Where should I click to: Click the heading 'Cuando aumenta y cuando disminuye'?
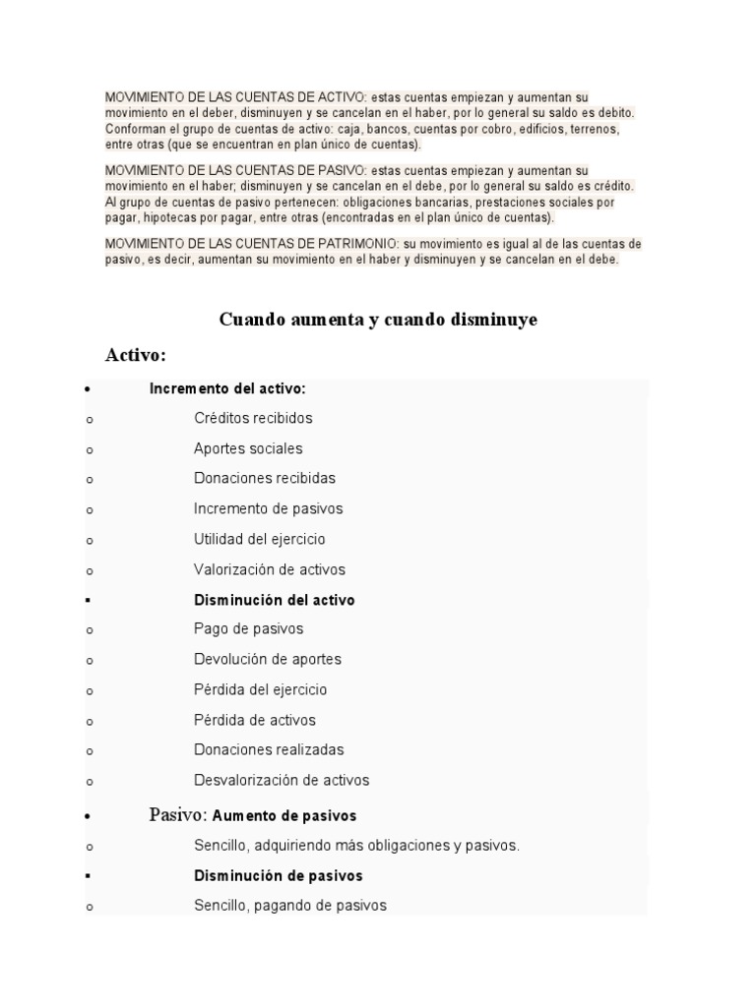coord(378,320)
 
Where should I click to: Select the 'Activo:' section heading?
coord(135,354)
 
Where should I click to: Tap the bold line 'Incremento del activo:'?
coord(227,388)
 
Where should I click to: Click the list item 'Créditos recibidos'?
coord(253,418)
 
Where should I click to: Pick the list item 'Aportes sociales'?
coord(248,448)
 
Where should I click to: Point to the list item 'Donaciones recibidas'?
coord(265,478)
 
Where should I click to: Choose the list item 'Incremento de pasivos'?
coord(268,508)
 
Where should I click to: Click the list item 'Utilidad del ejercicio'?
coord(260,539)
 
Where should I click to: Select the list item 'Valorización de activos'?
coord(270,569)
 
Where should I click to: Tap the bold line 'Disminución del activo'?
coord(274,600)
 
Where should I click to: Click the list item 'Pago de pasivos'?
coord(249,628)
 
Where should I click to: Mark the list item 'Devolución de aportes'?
coord(268,659)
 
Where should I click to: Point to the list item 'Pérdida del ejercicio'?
coord(261,689)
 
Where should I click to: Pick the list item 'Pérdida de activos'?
coord(255,720)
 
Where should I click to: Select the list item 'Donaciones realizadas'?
coord(269,749)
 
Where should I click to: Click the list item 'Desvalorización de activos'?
coord(282,780)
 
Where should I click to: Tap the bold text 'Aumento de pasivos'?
coord(284,816)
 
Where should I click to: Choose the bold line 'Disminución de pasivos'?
coord(279,875)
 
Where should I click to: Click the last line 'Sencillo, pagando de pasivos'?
coord(290,905)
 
